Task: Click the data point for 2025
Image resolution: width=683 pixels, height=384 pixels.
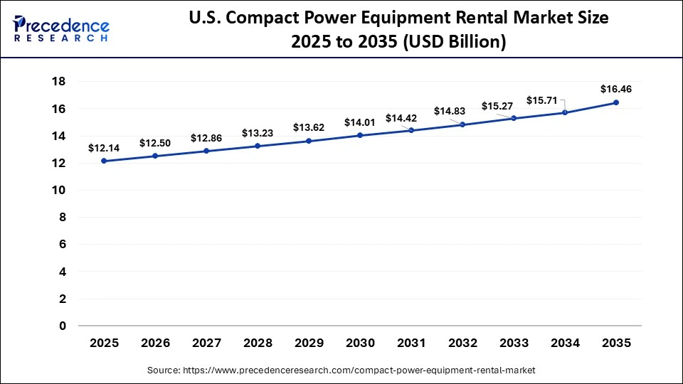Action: pyautogui.click(x=104, y=161)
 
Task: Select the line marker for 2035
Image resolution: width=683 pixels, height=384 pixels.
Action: pyautogui.click(x=616, y=102)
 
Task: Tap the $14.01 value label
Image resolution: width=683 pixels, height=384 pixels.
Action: pyautogui.click(x=359, y=122)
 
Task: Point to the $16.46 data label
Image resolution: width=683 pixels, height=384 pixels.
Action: pyautogui.click(x=616, y=90)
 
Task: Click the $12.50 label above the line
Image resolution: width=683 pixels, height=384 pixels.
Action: pyautogui.click(x=154, y=143)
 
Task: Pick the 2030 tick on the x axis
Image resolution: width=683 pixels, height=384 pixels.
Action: pyautogui.click(x=360, y=343)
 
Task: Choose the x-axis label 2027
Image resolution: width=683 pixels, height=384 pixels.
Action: pyautogui.click(x=206, y=343)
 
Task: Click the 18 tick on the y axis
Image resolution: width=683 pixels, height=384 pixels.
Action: pyautogui.click(x=58, y=82)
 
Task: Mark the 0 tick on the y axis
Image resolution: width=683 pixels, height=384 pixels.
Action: pyautogui.click(x=62, y=326)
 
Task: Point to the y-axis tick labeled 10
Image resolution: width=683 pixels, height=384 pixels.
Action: pyautogui.click(x=58, y=191)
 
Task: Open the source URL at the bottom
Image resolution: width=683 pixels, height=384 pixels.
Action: pyautogui.click(x=341, y=370)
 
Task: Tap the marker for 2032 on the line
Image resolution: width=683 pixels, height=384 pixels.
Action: pyautogui.click(x=462, y=124)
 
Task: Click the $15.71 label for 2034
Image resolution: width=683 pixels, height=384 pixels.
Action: pyautogui.click(x=541, y=100)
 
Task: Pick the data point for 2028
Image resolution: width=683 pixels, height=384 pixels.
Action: pyautogui.click(x=258, y=146)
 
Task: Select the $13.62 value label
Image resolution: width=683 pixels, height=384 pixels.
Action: pyautogui.click(x=308, y=127)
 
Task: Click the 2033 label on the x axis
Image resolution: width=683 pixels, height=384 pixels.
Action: pyautogui.click(x=514, y=343)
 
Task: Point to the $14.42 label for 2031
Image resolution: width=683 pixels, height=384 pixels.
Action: pyautogui.click(x=401, y=118)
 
